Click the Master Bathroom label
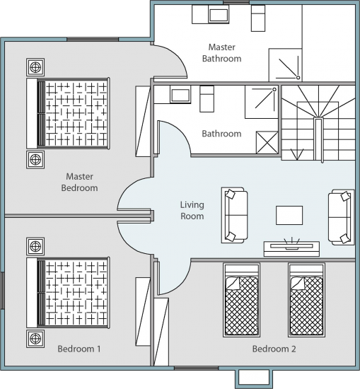pos(221,53)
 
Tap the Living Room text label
pos(192,210)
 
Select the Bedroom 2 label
pos(274,349)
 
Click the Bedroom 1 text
pos(79,349)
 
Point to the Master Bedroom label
pos(79,182)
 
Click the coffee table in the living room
pos(289,215)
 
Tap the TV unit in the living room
pos(291,248)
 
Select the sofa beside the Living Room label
pos(234,215)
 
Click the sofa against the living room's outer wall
pos(341,217)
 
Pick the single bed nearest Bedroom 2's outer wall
pos(306,300)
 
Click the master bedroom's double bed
pos(68,113)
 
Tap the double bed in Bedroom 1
pos(68,293)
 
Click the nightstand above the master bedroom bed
pos(35,67)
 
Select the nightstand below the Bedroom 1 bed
pos(35,339)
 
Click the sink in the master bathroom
pos(219,15)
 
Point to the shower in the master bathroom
pos(285,65)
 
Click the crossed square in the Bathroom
pos(267,142)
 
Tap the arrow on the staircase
pos(297,154)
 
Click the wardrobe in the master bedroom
pos(143,121)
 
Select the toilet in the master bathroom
pos(258,18)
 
